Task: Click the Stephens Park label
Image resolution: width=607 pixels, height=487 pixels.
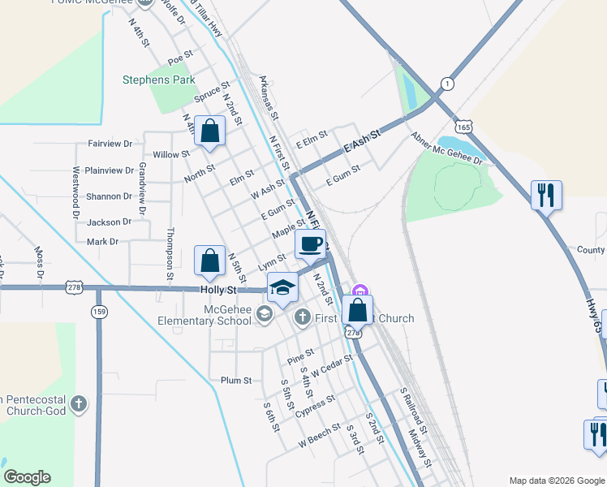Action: click(x=159, y=80)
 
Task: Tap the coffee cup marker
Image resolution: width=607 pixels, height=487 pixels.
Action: click(x=309, y=243)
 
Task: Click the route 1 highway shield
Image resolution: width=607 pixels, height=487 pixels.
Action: click(x=446, y=84)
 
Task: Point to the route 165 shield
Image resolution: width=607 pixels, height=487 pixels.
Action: click(x=463, y=127)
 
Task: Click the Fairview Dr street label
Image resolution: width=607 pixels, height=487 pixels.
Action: click(x=110, y=144)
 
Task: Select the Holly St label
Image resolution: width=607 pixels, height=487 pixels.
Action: click(x=218, y=290)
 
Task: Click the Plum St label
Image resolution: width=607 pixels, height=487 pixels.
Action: click(x=236, y=380)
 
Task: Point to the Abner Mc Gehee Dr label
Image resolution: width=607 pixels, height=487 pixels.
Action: click(x=446, y=149)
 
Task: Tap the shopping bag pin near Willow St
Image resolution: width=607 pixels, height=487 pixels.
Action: click(x=209, y=131)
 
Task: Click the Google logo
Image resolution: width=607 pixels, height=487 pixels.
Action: click(x=27, y=477)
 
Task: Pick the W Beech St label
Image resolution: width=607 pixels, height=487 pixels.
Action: click(x=320, y=436)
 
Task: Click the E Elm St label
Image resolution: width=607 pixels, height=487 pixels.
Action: click(x=311, y=138)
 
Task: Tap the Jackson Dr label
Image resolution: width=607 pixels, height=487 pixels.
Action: click(x=109, y=222)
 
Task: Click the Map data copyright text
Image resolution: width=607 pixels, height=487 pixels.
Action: click(x=556, y=481)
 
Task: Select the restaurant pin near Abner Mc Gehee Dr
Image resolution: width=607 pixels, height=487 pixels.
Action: click(x=546, y=195)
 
